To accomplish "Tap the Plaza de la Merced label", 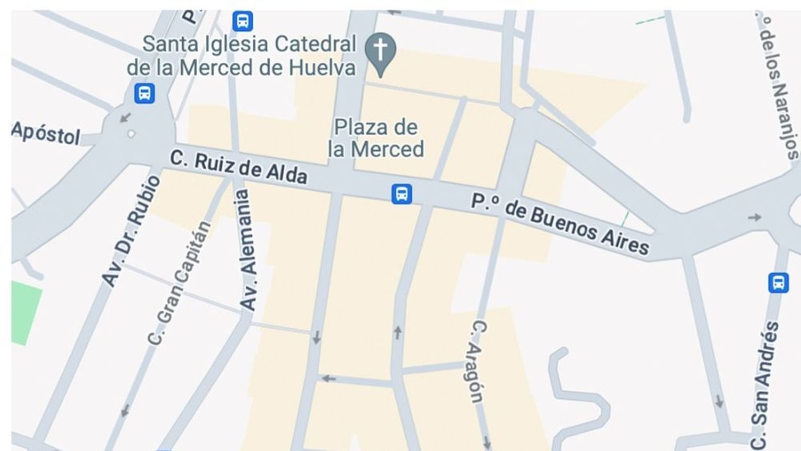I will (375, 138).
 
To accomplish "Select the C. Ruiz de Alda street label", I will (238, 166).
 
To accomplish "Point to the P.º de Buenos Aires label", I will (560, 223).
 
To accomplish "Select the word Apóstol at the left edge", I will (46, 133).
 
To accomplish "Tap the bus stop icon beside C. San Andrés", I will (778, 283).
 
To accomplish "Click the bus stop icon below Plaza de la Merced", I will (402, 193).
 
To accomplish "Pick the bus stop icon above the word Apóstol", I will (144, 93).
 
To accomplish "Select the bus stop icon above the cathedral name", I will (242, 21).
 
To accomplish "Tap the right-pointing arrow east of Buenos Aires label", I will (754, 217).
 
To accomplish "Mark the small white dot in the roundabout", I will (131, 134).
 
